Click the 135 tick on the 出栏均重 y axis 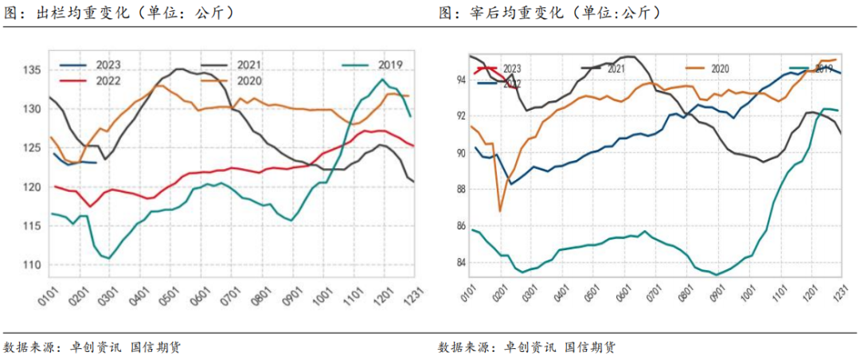[32, 70]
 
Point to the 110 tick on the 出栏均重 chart [32, 264]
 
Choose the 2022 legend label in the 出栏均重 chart [108, 80]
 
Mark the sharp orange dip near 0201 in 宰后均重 [500, 211]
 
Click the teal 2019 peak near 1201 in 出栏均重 [383, 80]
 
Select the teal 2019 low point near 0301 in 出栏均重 [109, 258]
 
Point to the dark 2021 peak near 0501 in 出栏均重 [178, 69]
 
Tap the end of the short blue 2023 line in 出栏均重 [96, 162]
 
